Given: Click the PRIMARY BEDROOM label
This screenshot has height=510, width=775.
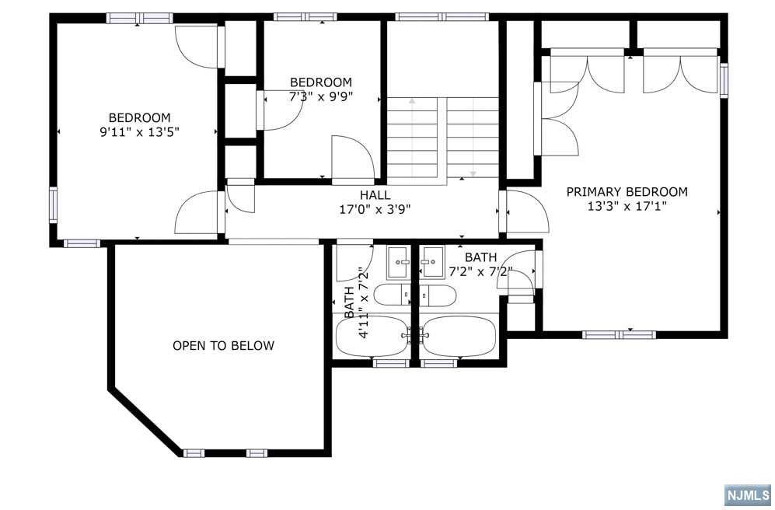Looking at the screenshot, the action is pos(627,192).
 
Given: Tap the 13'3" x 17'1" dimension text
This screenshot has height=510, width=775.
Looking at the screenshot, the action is pos(627,207).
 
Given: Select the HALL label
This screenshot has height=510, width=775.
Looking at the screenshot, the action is pos(375,195).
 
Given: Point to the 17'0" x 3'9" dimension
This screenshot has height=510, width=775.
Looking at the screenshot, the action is pos(375,210).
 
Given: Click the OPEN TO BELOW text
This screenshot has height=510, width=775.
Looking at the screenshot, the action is pos(223,345).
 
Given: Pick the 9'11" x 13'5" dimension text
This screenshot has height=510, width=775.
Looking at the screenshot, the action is pos(139,132).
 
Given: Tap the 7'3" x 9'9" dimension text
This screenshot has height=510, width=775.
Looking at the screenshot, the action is pos(321,96).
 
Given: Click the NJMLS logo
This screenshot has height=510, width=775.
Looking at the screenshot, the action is pos(748,494).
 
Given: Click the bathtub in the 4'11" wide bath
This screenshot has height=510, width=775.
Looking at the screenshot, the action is pos(372,336).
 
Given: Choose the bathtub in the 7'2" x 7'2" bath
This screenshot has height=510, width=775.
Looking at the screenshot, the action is pos(459,336).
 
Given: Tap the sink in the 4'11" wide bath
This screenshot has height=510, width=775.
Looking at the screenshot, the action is pos(398,263).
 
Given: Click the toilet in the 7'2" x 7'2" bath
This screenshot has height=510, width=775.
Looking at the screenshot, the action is pos(438,295).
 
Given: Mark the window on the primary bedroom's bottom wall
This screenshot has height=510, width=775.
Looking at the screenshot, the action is pos(619,334).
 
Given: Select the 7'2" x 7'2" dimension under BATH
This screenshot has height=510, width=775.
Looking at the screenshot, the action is pos(480,271).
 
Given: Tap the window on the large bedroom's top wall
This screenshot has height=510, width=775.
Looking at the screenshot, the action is pos(140,19).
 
